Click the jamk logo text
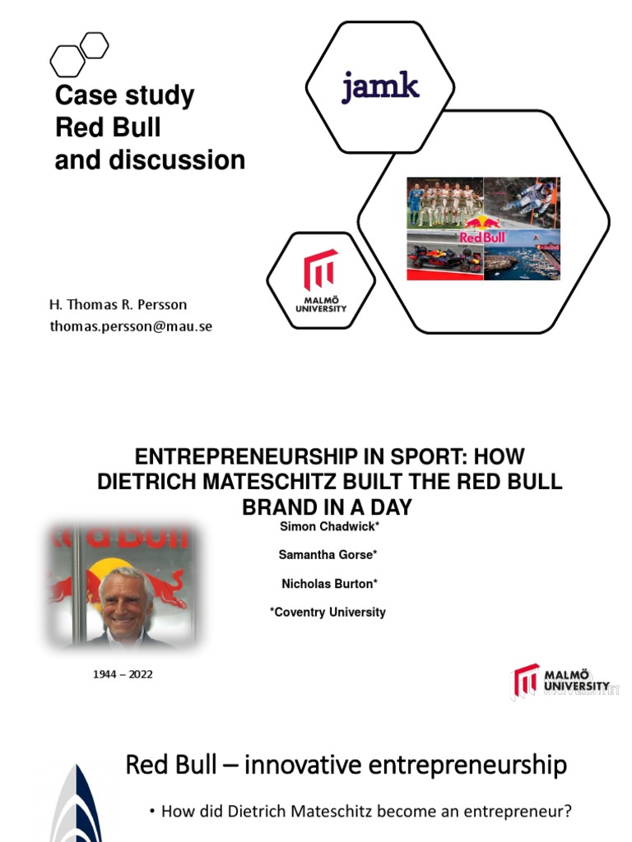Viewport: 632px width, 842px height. click(380, 86)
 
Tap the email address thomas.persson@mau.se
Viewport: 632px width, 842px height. click(131, 326)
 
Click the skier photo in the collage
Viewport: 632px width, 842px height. click(522, 202)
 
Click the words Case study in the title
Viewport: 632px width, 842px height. click(124, 96)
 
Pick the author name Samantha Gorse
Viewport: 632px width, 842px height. click(325, 555)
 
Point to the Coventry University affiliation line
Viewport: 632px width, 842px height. click(328, 612)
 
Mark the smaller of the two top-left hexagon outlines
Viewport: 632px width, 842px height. click(95, 44)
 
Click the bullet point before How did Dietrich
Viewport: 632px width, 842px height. click(153, 812)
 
